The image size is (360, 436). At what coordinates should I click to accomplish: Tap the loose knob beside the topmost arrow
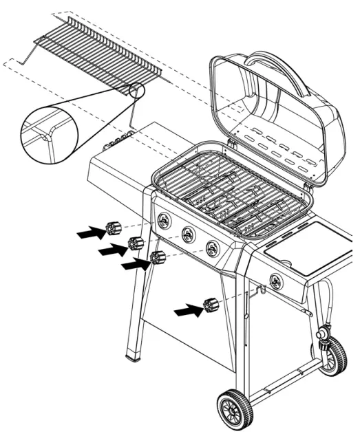[113, 228]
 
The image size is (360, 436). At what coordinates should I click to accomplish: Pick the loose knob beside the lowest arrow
[211, 305]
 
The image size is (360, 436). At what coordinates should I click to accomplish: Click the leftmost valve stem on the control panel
[164, 221]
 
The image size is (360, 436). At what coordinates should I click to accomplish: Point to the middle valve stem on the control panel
[188, 235]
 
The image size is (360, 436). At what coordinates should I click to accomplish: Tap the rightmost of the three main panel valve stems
[213, 248]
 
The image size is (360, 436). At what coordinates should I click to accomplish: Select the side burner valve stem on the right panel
[275, 281]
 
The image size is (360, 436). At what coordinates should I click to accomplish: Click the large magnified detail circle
[49, 131]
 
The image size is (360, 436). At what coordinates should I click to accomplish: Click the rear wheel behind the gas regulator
[335, 356]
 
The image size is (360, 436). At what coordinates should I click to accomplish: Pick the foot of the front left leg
[135, 356]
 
